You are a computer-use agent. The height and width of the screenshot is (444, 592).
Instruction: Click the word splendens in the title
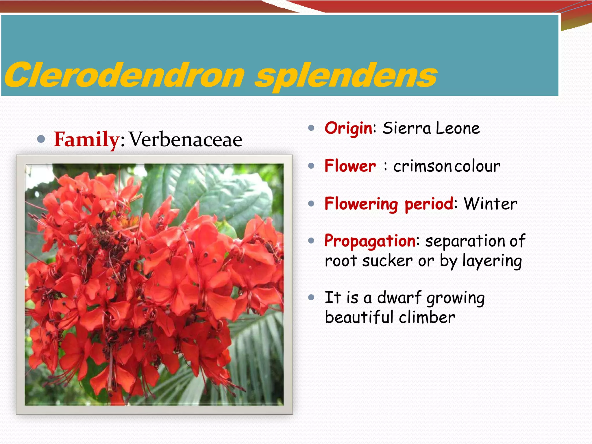point(345,76)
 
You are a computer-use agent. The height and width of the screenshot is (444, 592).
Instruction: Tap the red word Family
point(86,139)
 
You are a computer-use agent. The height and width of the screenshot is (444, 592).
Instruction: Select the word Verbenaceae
point(185,139)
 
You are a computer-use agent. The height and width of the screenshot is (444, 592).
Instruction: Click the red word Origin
point(349,128)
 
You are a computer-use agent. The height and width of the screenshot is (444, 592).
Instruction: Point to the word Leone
point(458,128)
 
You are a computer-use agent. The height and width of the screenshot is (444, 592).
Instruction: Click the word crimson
point(422,166)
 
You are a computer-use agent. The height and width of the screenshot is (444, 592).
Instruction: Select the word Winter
point(491,204)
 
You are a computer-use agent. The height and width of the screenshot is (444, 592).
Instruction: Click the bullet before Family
point(41,139)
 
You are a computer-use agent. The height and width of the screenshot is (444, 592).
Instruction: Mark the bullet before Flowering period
point(311,204)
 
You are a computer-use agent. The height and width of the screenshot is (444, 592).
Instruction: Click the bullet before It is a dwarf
point(311,297)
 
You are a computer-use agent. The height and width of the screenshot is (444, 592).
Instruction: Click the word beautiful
point(359,317)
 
